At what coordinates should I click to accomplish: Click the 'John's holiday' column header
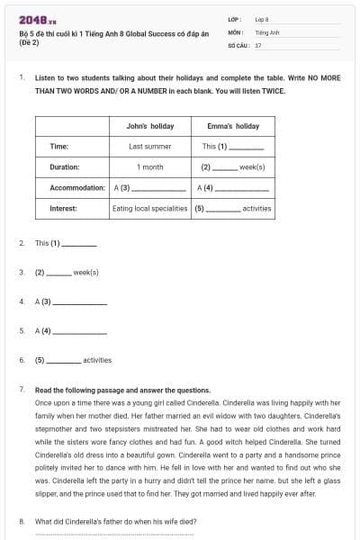click(x=150, y=126)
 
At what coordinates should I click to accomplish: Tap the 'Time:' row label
click(x=58, y=146)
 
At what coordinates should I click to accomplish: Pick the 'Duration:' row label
click(x=65, y=166)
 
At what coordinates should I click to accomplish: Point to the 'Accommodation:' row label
click(x=77, y=188)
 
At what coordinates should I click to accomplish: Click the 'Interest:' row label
click(x=63, y=209)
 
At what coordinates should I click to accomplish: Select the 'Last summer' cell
click(x=150, y=146)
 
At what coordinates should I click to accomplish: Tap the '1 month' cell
click(x=150, y=166)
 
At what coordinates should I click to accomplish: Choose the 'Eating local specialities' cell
click(x=150, y=209)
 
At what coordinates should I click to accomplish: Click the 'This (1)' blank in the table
click(x=232, y=146)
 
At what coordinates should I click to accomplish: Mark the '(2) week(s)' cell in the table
click(x=232, y=166)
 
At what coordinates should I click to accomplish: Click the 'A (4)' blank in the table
click(x=232, y=188)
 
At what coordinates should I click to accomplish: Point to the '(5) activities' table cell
click(x=232, y=209)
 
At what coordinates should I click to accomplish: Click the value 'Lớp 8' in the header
click(x=262, y=19)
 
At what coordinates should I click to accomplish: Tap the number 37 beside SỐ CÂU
click(x=258, y=44)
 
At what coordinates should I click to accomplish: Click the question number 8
click(x=22, y=521)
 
